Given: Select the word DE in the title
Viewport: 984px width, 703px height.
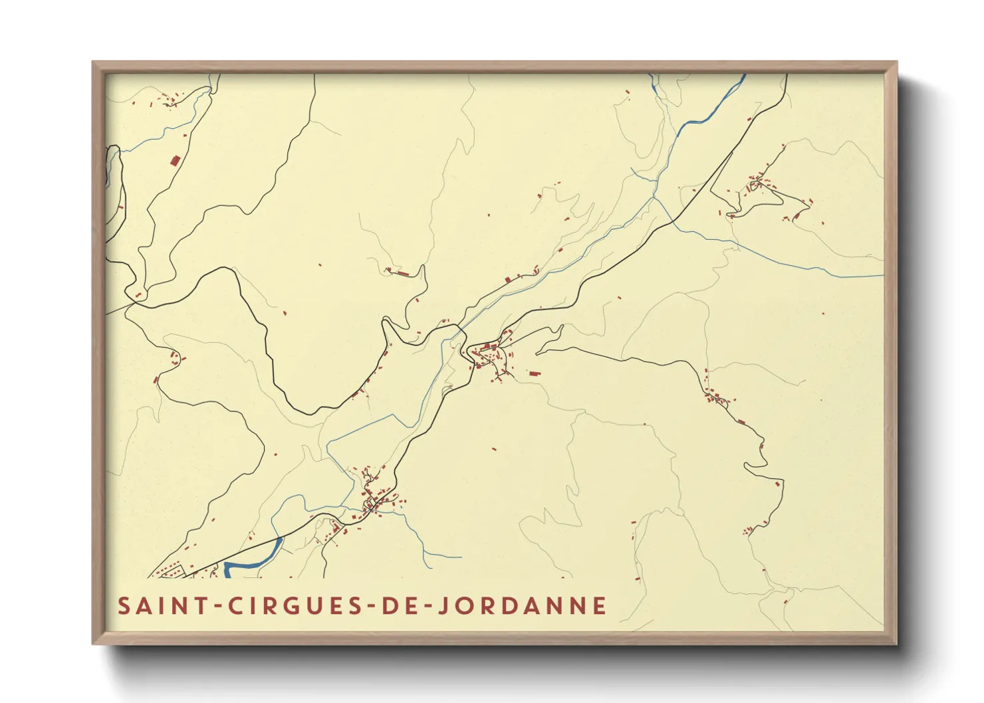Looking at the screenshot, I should coord(392,606).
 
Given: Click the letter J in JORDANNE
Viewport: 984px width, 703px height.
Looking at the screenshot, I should coord(440,606).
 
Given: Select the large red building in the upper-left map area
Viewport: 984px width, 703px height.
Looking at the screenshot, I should coord(176,160).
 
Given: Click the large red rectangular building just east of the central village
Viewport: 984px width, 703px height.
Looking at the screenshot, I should coord(535,373).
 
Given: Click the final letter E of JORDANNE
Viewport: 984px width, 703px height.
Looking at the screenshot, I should coord(600,606).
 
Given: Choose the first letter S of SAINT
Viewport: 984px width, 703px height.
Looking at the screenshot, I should coord(124,606).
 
